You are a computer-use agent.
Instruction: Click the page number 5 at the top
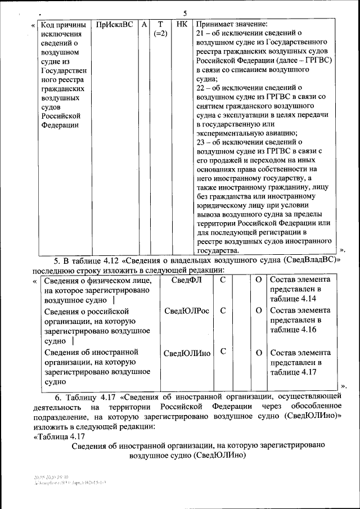tap(185, 13)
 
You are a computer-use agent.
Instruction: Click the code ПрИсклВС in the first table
tap(115, 25)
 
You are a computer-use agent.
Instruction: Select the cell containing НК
tap(182, 25)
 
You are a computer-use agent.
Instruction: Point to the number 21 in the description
tap(201, 35)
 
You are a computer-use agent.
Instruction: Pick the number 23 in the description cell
tap(201, 142)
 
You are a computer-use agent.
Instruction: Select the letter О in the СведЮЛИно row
tap(258, 353)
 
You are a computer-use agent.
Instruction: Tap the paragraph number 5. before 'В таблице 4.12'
tap(57, 260)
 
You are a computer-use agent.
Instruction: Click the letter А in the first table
tap(145, 25)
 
